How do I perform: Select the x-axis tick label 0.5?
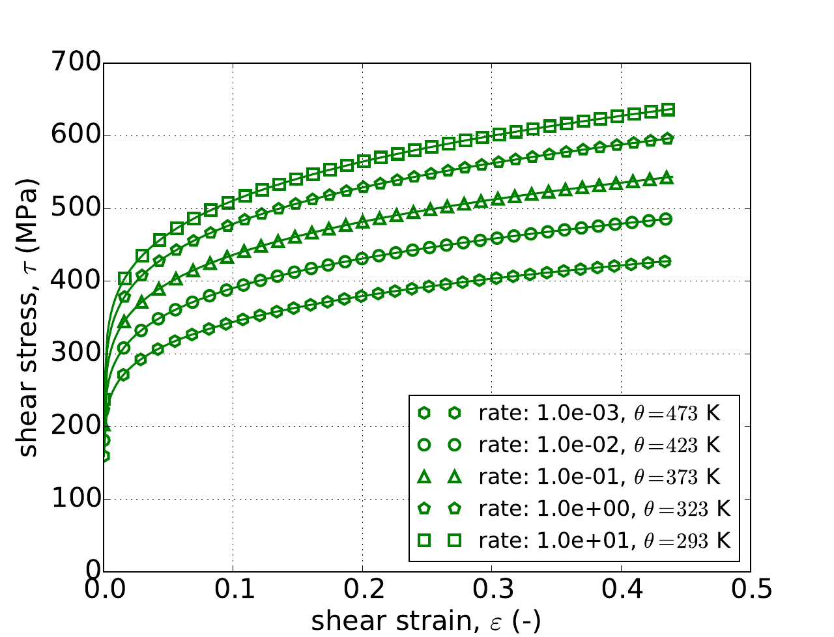pos(751,590)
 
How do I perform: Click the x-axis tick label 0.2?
pos(362,590)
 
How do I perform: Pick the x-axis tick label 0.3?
pos(492,590)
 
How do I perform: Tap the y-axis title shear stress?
pos(27,318)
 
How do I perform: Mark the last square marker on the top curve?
pos(668,110)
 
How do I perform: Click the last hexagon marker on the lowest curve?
pos(665,262)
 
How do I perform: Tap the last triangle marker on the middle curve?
pos(667,178)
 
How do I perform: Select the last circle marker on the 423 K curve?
pos(666,219)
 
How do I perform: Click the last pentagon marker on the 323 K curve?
pos(667,139)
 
